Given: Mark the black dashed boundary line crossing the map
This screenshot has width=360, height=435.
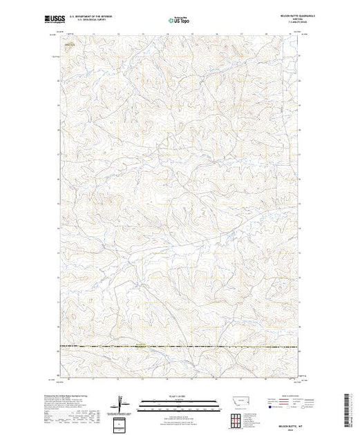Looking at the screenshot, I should (x=180, y=345).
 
